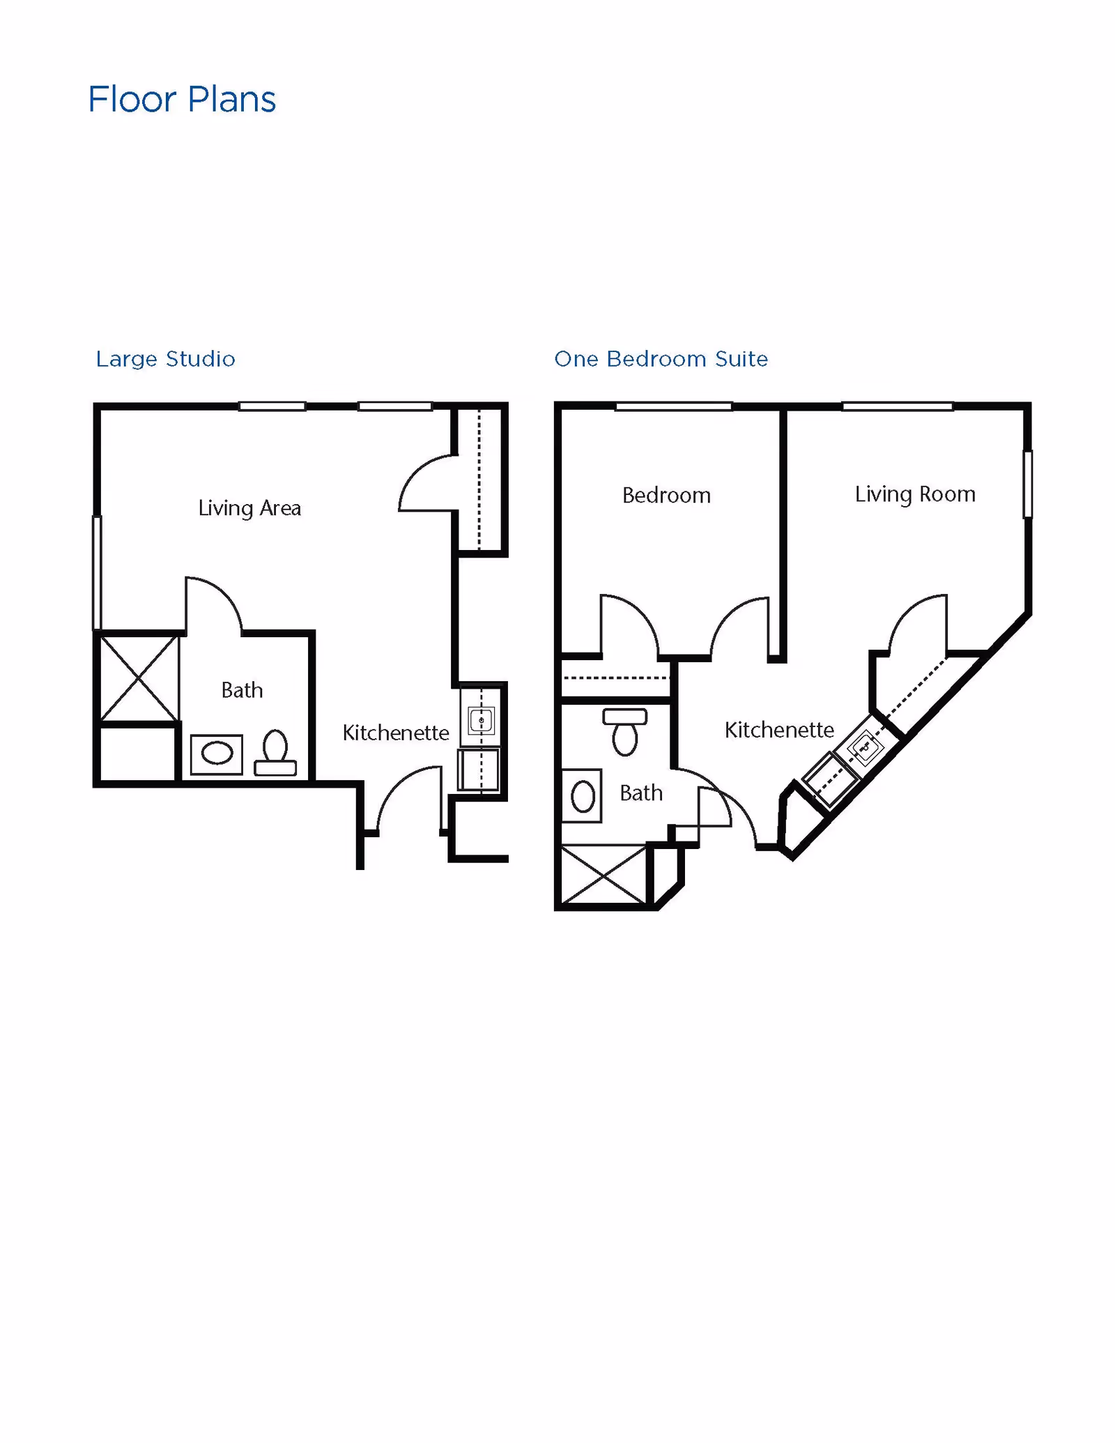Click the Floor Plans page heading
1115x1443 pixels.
coord(182,99)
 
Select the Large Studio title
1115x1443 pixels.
coord(165,359)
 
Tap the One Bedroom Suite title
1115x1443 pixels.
coord(661,359)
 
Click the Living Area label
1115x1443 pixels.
coord(249,507)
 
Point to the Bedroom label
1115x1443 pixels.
coord(666,495)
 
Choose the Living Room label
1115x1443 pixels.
coord(915,494)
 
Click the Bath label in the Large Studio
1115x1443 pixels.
coord(242,690)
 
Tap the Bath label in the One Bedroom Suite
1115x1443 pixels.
coord(641,793)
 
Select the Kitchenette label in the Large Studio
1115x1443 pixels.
coord(395,733)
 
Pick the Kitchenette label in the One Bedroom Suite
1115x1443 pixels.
coord(779,730)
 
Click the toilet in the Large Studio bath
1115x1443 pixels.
coord(275,753)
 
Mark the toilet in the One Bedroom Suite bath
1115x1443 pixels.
coord(625,731)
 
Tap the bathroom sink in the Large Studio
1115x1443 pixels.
coord(217,754)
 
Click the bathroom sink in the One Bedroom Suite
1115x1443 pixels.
coord(583,796)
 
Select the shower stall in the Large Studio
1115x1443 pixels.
coord(139,678)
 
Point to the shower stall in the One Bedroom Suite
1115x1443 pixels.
coord(603,875)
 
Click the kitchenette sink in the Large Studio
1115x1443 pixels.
coord(481,720)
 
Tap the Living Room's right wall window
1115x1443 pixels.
coord(1027,484)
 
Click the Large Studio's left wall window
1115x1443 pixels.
coord(98,572)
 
